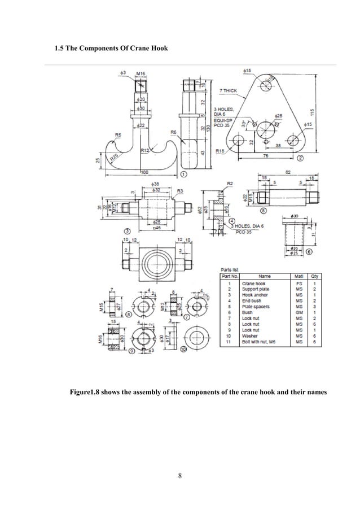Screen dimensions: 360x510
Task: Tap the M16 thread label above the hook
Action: click(x=142, y=73)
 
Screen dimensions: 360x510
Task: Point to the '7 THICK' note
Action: click(x=228, y=90)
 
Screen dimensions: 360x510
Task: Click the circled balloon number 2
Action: click(x=300, y=158)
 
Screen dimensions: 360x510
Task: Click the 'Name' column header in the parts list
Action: click(x=264, y=276)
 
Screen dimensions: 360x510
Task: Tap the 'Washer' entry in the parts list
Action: click(x=250, y=336)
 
